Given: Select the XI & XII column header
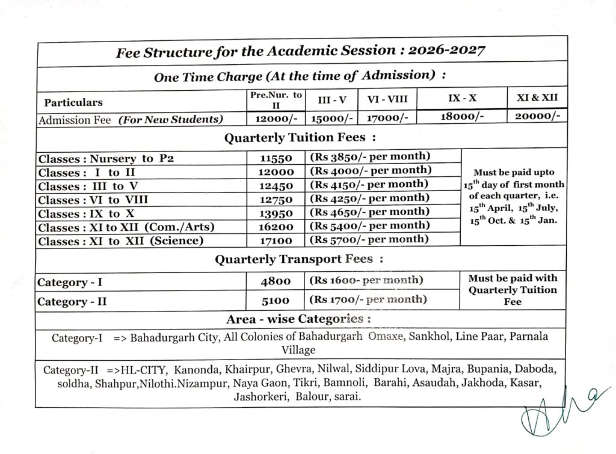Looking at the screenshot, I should coord(537,97).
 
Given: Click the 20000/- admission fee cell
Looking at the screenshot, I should coord(537,117).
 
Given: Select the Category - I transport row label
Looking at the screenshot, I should coord(70,282).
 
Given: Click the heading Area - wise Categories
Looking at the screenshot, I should coord(298,319).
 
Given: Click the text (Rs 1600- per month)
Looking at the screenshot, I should coord(365,280).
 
